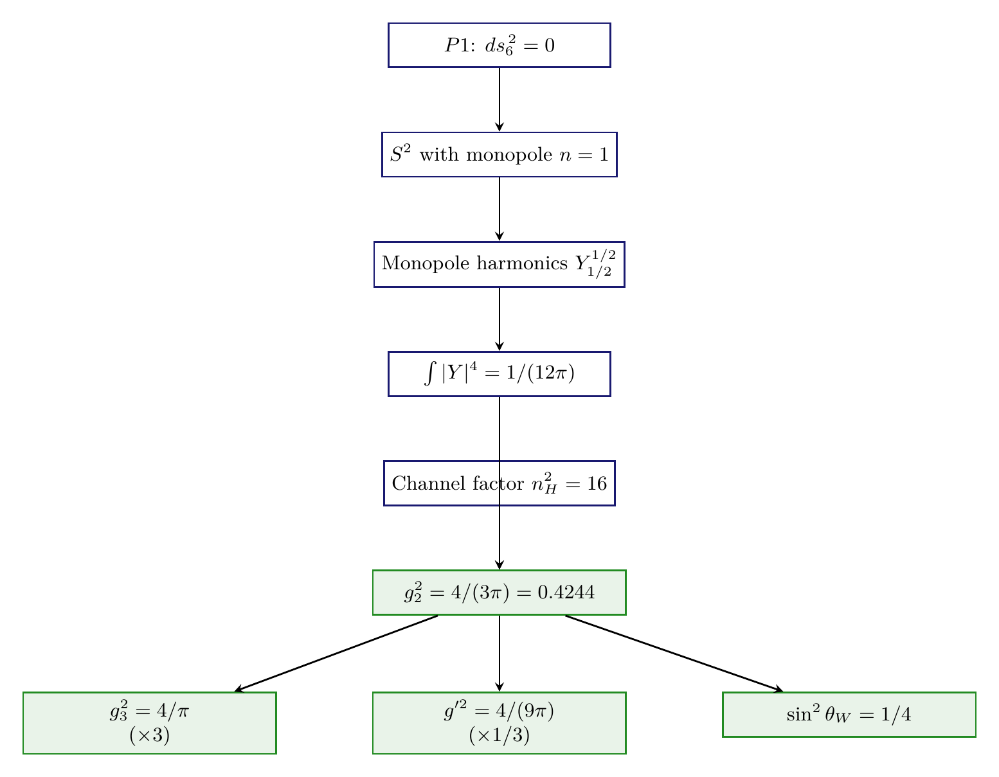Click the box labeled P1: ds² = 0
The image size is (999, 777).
[x=499, y=45]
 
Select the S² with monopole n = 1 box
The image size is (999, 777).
[x=499, y=154]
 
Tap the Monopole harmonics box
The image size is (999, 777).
[x=499, y=264]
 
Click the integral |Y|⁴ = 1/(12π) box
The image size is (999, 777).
[x=499, y=373]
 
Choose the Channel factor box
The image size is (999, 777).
[x=499, y=483]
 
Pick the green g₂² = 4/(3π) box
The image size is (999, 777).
[x=499, y=593]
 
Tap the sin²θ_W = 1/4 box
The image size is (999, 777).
[x=849, y=715]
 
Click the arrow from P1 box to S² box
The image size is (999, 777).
[x=499, y=100]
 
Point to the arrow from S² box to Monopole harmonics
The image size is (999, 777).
[x=499, y=209]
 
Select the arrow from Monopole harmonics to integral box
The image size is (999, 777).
[x=499, y=319]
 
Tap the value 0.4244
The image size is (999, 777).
[x=565, y=593]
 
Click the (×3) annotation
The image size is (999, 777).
[x=149, y=735]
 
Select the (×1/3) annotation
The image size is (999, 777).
[x=499, y=735]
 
